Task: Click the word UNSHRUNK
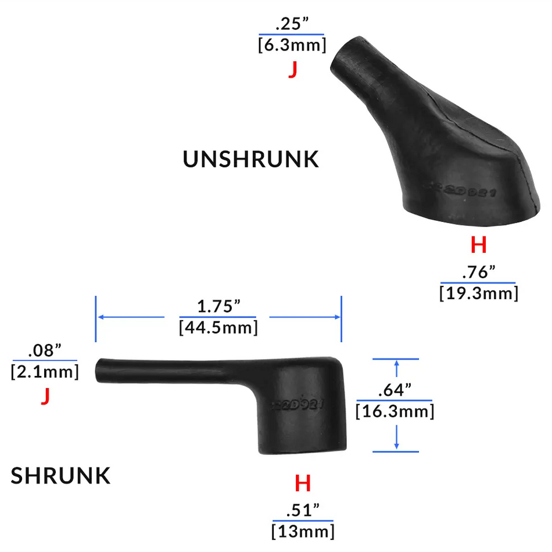251,159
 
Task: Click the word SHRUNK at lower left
60,476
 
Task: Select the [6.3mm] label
292,45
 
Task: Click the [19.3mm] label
478,292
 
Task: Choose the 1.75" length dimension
218,307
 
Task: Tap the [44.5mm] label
218,327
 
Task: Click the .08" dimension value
45,351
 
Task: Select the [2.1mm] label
45,371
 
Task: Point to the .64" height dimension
395,389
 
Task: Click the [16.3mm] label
395,411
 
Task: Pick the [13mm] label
303,531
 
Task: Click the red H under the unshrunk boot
478,246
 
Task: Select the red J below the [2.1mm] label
45,396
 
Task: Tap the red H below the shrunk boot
303,483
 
